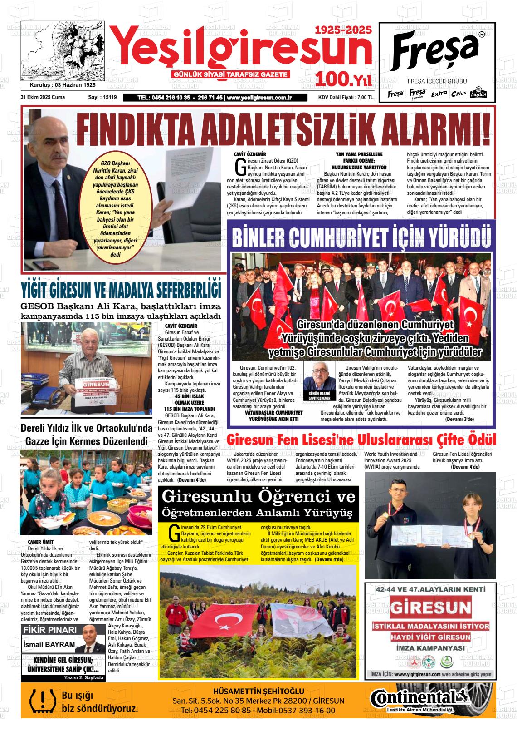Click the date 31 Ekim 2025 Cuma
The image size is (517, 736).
(x=43, y=98)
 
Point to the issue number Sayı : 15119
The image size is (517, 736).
(x=102, y=98)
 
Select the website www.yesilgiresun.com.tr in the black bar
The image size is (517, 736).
(x=259, y=98)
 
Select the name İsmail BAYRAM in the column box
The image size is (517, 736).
(x=49, y=644)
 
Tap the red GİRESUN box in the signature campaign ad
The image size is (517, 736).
(x=430, y=607)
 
